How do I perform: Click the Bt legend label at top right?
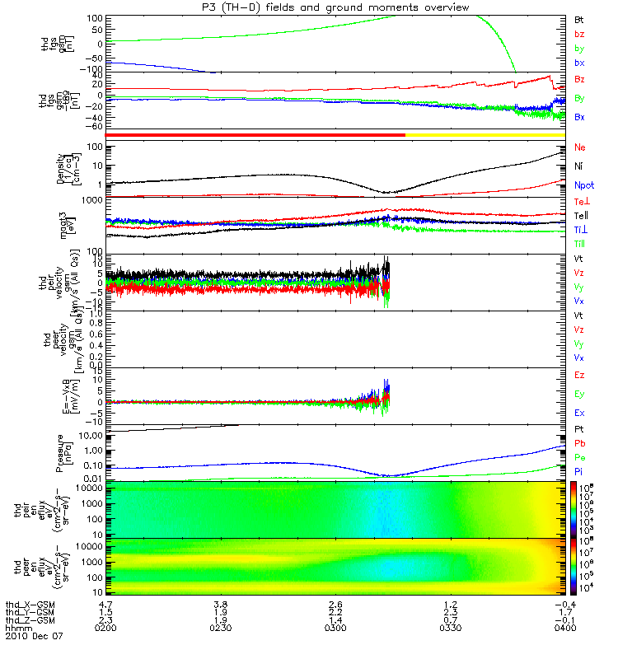click(580, 18)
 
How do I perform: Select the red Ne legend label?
click(580, 147)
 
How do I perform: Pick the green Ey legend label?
click(580, 394)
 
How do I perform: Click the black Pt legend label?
click(579, 429)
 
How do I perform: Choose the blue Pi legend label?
click(579, 470)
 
